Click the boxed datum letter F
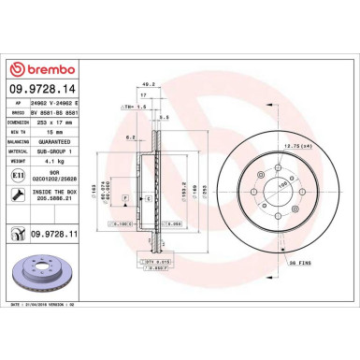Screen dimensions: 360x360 point(125,199)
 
